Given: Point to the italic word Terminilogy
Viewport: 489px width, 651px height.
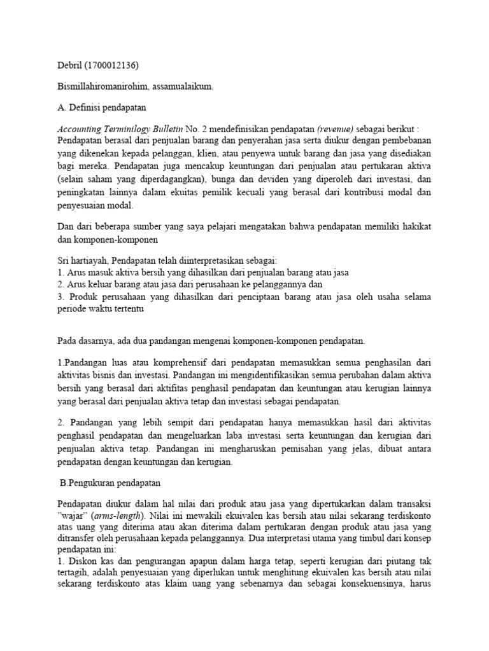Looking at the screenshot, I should (129, 127).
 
